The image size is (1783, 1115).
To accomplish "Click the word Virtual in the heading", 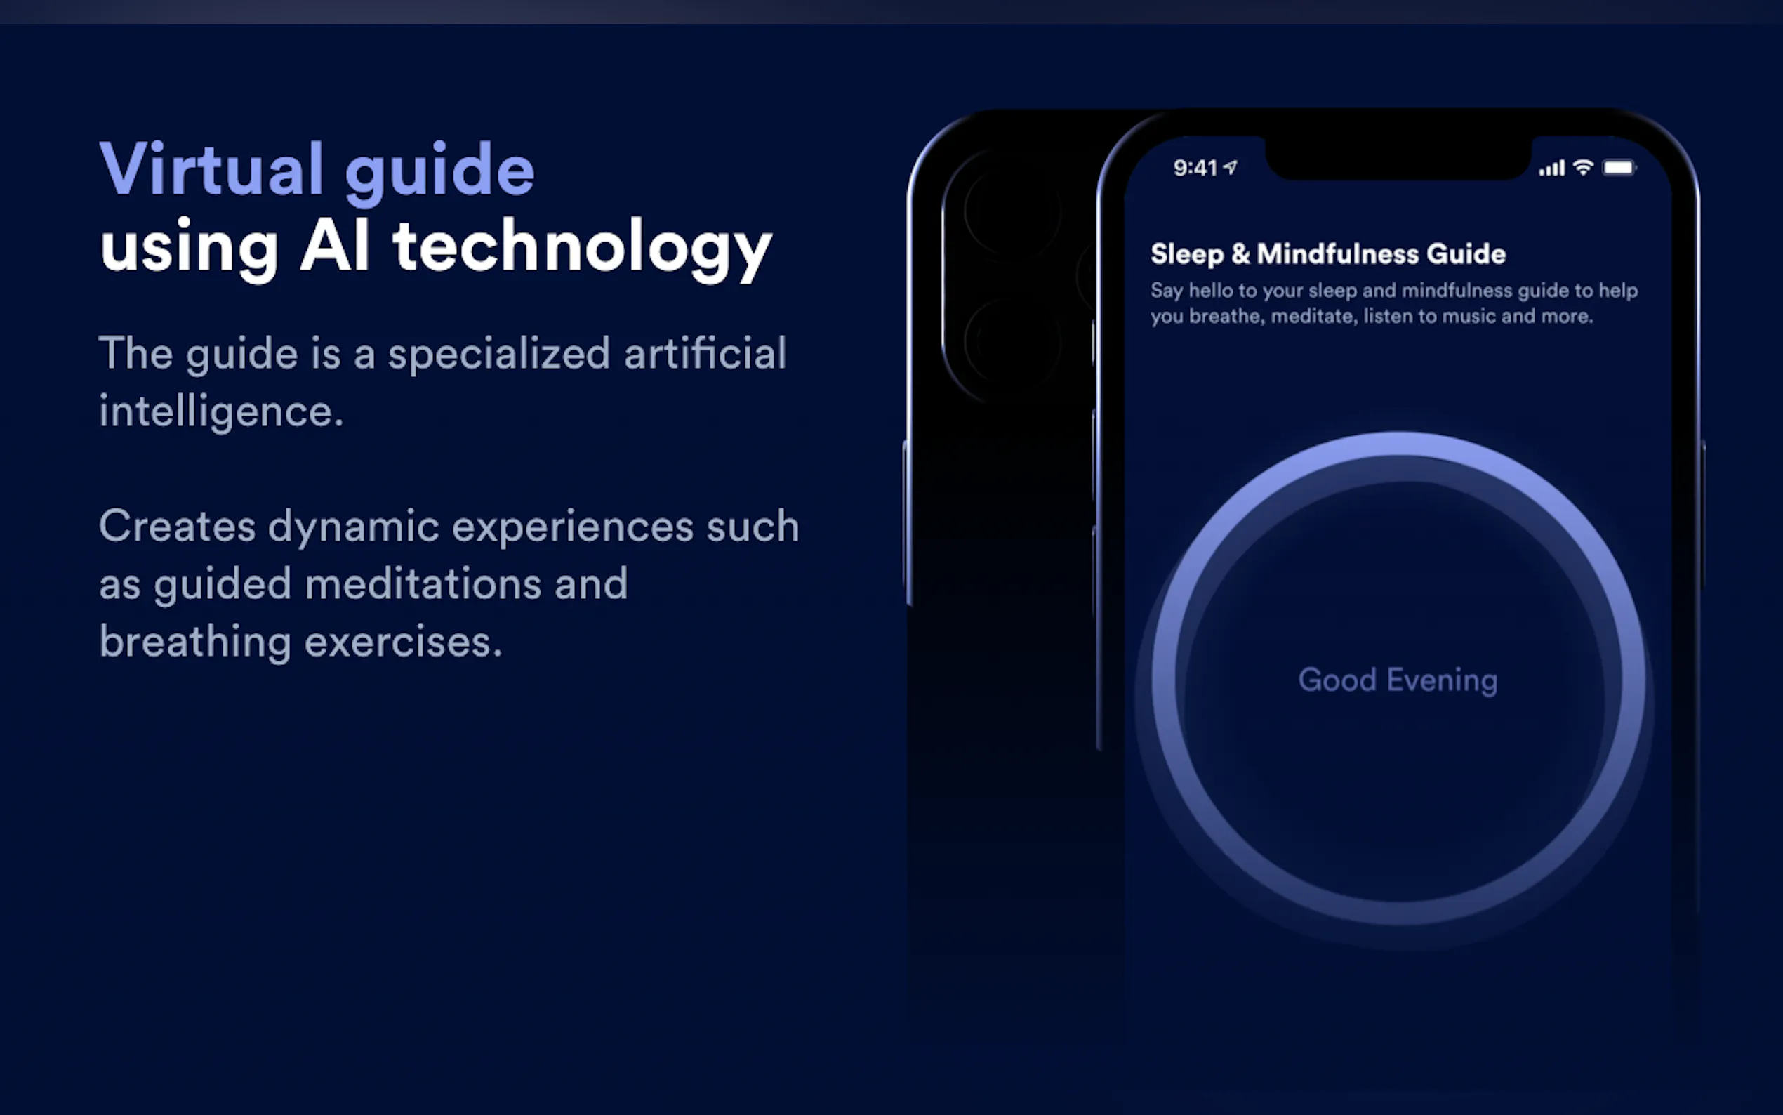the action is pos(211,169).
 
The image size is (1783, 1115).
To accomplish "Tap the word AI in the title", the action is pos(335,246).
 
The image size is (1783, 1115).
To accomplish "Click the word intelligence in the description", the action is pos(221,411).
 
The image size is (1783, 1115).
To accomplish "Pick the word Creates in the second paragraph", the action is pos(178,526).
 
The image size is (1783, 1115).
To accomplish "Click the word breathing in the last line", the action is pos(195,642).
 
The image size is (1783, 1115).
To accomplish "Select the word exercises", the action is pos(403,642).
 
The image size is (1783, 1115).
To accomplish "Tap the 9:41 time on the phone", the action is pos(1195,168).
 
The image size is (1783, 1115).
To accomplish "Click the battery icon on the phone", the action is pos(1619,168).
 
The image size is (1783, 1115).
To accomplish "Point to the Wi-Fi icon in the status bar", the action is pos(1582,167).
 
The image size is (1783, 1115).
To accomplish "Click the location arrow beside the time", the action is pos(1230,167).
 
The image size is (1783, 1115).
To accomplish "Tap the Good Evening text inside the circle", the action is pos(1398,680).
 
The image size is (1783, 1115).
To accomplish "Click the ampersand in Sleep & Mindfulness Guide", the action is pos(1240,253).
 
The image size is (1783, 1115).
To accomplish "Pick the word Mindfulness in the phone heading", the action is pos(1338,253).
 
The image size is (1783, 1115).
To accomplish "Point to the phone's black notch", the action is pos(1398,158).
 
